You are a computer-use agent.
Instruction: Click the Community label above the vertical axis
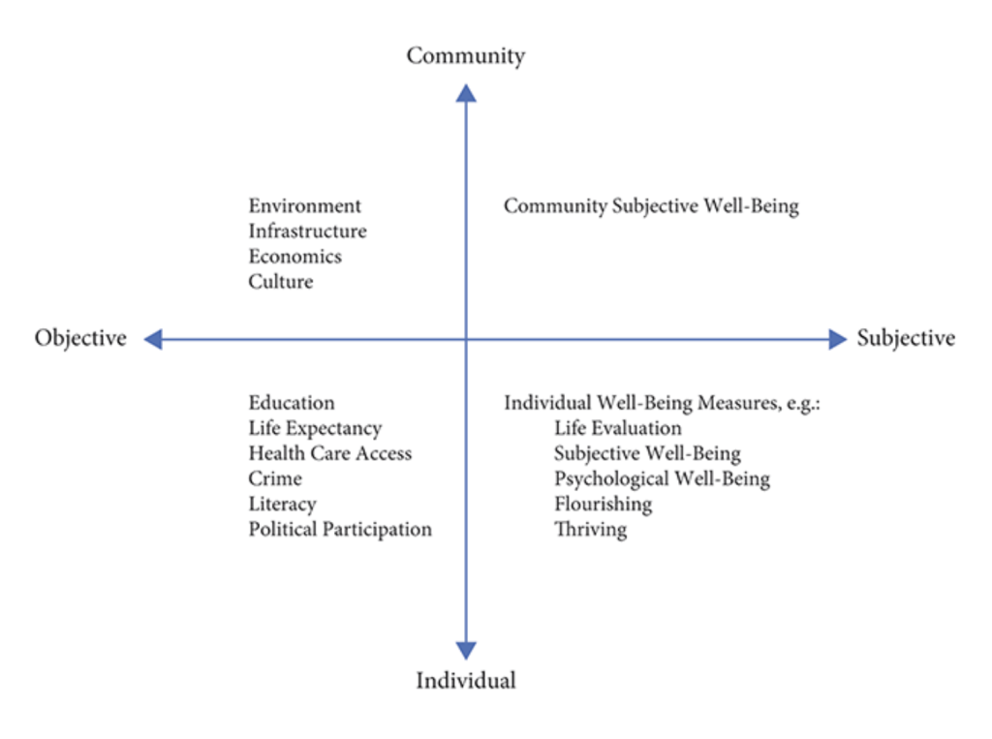[x=466, y=56]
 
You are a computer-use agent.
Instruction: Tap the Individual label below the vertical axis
[x=466, y=680]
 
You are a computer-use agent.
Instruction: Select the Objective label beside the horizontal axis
[x=80, y=338]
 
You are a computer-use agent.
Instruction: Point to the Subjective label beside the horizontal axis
[x=906, y=338]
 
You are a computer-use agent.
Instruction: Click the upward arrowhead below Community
[x=466, y=93]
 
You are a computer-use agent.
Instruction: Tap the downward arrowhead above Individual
[x=466, y=650]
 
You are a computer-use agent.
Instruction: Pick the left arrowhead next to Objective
[x=153, y=339]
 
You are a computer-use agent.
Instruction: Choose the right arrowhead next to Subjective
[x=838, y=339]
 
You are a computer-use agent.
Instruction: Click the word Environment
[x=305, y=205]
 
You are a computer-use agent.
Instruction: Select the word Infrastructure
[x=307, y=231]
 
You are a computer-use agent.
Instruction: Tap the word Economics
[x=294, y=257]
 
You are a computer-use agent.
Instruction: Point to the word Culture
[x=281, y=282]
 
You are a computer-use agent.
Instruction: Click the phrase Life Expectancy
[x=315, y=429]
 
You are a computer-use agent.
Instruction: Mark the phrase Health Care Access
[x=330, y=453]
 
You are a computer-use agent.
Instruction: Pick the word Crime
[x=275, y=478]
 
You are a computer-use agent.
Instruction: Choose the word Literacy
[x=282, y=505]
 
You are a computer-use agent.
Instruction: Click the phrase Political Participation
[x=340, y=530]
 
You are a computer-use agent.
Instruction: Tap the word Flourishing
[x=603, y=505]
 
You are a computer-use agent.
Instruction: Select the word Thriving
[x=590, y=530]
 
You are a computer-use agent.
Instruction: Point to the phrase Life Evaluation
[x=617, y=428]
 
